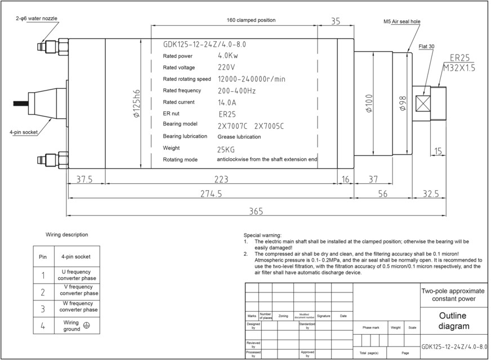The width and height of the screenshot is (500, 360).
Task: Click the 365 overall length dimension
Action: [256, 211]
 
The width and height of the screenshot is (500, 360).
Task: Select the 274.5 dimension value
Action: [211, 193]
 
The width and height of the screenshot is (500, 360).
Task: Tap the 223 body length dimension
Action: [221, 179]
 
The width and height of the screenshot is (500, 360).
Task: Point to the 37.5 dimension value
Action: [84, 179]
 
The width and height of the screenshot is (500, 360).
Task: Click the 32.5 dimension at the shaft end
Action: [430, 193]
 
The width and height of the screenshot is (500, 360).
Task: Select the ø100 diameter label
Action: [369, 103]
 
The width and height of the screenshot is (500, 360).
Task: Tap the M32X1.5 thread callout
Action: [459, 67]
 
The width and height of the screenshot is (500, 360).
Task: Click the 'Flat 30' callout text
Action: [426, 46]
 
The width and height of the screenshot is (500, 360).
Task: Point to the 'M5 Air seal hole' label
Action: [402, 21]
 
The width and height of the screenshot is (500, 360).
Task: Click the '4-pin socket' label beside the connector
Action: [23, 133]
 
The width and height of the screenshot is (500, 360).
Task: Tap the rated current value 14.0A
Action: [226, 102]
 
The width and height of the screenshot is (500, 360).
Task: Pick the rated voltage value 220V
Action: [226, 67]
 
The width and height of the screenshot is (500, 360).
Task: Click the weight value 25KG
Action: [226, 149]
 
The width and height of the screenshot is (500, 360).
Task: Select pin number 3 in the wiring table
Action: [43, 309]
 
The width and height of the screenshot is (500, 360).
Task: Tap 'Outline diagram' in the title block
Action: [453, 321]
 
